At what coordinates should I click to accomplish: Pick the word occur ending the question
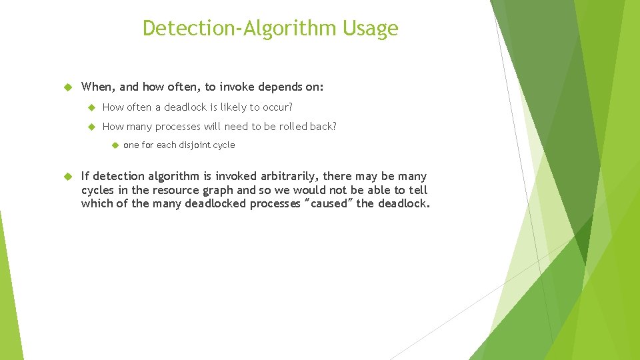279,107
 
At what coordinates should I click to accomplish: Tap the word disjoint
194,145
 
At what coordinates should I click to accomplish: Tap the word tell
417,190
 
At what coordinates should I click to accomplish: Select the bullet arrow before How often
91,107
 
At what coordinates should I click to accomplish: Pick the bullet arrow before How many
91,127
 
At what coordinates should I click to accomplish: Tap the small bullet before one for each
114,145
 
